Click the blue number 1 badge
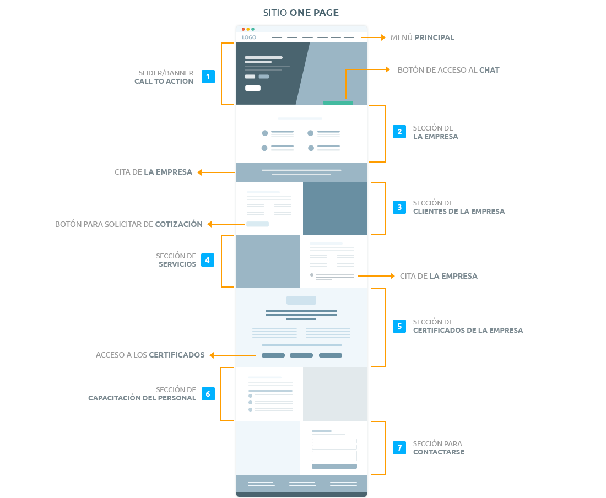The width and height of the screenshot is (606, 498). tap(208, 77)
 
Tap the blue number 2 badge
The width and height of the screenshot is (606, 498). tap(399, 132)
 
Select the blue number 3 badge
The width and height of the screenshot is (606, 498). tap(399, 207)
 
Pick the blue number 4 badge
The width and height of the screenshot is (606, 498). tap(208, 260)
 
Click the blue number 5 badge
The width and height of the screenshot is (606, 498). tap(399, 326)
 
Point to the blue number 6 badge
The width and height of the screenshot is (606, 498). tap(208, 394)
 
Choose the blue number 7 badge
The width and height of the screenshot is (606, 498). tap(399, 448)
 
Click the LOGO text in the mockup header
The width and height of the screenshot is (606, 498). tap(249, 37)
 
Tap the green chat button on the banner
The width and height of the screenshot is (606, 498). tap(338, 103)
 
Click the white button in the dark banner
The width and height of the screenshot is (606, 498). tap(253, 88)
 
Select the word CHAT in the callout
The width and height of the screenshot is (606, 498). tap(489, 70)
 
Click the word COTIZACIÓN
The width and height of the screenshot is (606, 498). tap(178, 224)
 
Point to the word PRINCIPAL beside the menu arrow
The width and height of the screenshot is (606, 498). tap(435, 37)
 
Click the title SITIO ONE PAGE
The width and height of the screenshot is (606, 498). tap(301, 13)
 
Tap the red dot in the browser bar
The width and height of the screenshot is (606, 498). tap(243, 29)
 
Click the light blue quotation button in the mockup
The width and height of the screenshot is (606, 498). tap(257, 224)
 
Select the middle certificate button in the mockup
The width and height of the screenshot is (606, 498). tap(301, 355)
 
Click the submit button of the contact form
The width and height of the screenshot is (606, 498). tap(334, 466)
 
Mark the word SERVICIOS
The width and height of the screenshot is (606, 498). tap(177, 264)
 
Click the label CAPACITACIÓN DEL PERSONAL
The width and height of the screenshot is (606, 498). tap(142, 398)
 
